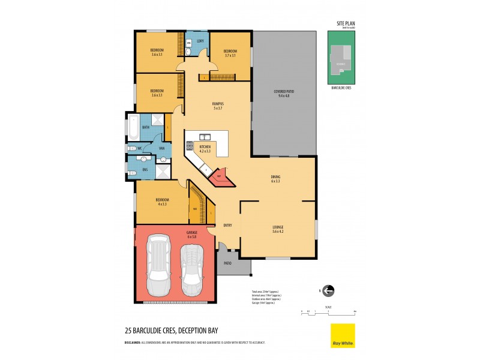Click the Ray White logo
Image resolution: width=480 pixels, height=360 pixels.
[x=343, y=335]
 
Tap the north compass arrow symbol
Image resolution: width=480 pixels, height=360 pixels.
[x=328, y=291]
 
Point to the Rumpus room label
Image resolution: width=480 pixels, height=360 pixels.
[x=217, y=105]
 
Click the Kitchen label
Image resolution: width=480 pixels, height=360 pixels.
[x=205, y=148]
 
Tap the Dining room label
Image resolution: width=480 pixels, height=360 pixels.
[x=275, y=178]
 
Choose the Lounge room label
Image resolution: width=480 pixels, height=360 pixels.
[x=277, y=229]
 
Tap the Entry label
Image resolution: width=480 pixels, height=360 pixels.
[x=227, y=226]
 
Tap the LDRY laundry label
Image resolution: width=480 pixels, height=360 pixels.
[x=201, y=41]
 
